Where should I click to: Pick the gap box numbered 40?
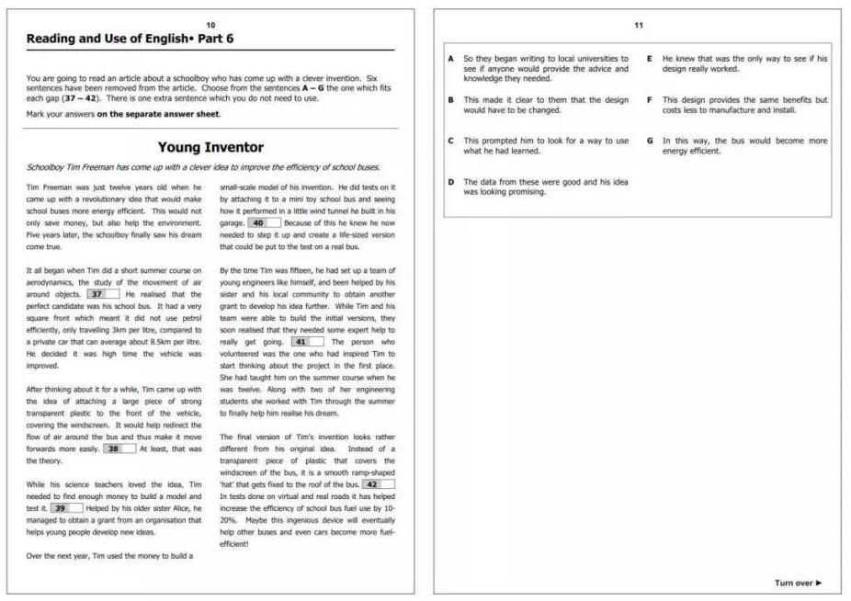point(265,222)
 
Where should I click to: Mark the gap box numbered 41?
point(306,342)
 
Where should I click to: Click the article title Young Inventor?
point(210,147)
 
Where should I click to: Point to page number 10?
point(210,24)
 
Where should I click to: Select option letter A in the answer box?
point(451,58)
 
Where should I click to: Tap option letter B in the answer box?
point(451,99)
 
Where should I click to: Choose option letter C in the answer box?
point(451,141)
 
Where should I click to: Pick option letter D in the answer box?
point(451,182)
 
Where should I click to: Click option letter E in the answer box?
point(650,58)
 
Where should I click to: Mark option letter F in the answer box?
point(650,99)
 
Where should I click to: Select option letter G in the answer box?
point(650,141)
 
